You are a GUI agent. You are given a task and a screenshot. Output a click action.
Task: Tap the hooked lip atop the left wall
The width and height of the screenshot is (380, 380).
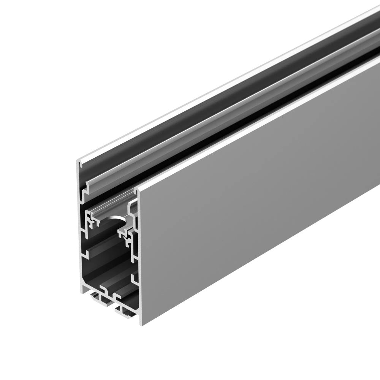pos(80,163)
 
